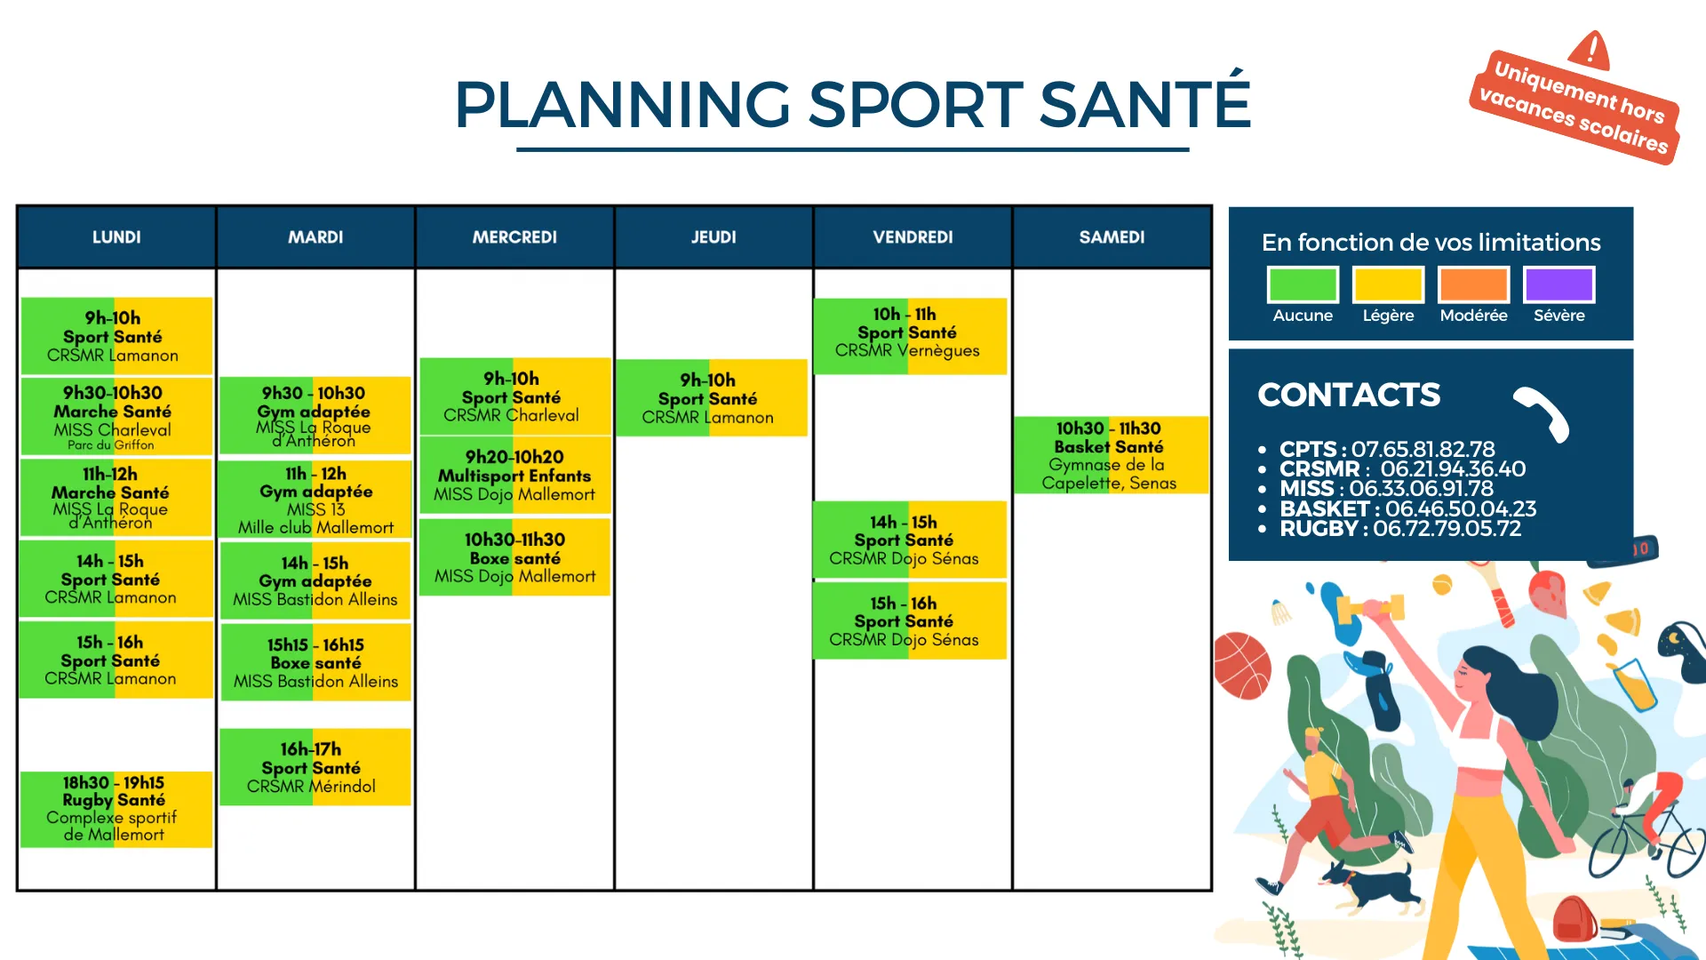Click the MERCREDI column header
pos(514,237)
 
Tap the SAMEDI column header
pos(1112,237)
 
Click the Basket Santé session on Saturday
pos(1111,455)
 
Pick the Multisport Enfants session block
pos(514,476)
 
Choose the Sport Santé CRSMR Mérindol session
pos(315,767)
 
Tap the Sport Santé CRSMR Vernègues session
pos(910,336)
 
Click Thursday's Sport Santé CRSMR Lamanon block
pos(711,397)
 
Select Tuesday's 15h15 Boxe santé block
pos(315,662)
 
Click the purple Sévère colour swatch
pos(1559,284)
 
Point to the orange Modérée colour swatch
pos(1474,284)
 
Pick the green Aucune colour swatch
pos(1303,284)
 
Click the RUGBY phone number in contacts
pos(1447,529)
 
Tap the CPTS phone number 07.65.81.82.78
pos(1423,450)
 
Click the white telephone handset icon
pos(1543,413)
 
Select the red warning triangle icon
pos(1590,50)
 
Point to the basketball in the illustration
pos(1242,666)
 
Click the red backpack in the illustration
pos(1575,919)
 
